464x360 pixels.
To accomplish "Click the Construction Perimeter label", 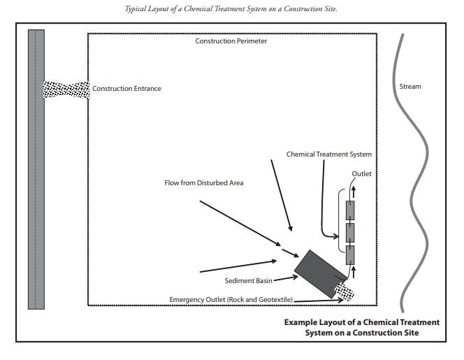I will coord(231,41).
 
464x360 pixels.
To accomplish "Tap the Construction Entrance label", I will coord(126,89).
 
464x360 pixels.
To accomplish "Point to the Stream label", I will coord(410,87).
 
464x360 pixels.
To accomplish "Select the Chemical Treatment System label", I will coord(328,154).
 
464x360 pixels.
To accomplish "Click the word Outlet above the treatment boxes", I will coord(361,173).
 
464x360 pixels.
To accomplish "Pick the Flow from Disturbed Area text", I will coord(203,183).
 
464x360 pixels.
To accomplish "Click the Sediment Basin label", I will coord(247,280).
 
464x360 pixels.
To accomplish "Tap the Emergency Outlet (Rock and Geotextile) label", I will coord(231,300).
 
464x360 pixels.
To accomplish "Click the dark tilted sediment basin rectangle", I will coord(319,273).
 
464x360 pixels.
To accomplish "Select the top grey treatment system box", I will coord(351,210).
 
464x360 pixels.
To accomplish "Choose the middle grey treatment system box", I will coord(351,231).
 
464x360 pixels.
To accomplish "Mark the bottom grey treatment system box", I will coord(351,254).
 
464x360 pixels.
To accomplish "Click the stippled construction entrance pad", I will coord(67,89).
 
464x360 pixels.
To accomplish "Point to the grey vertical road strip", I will coord(36,168).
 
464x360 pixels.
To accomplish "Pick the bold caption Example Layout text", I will coord(361,327).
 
